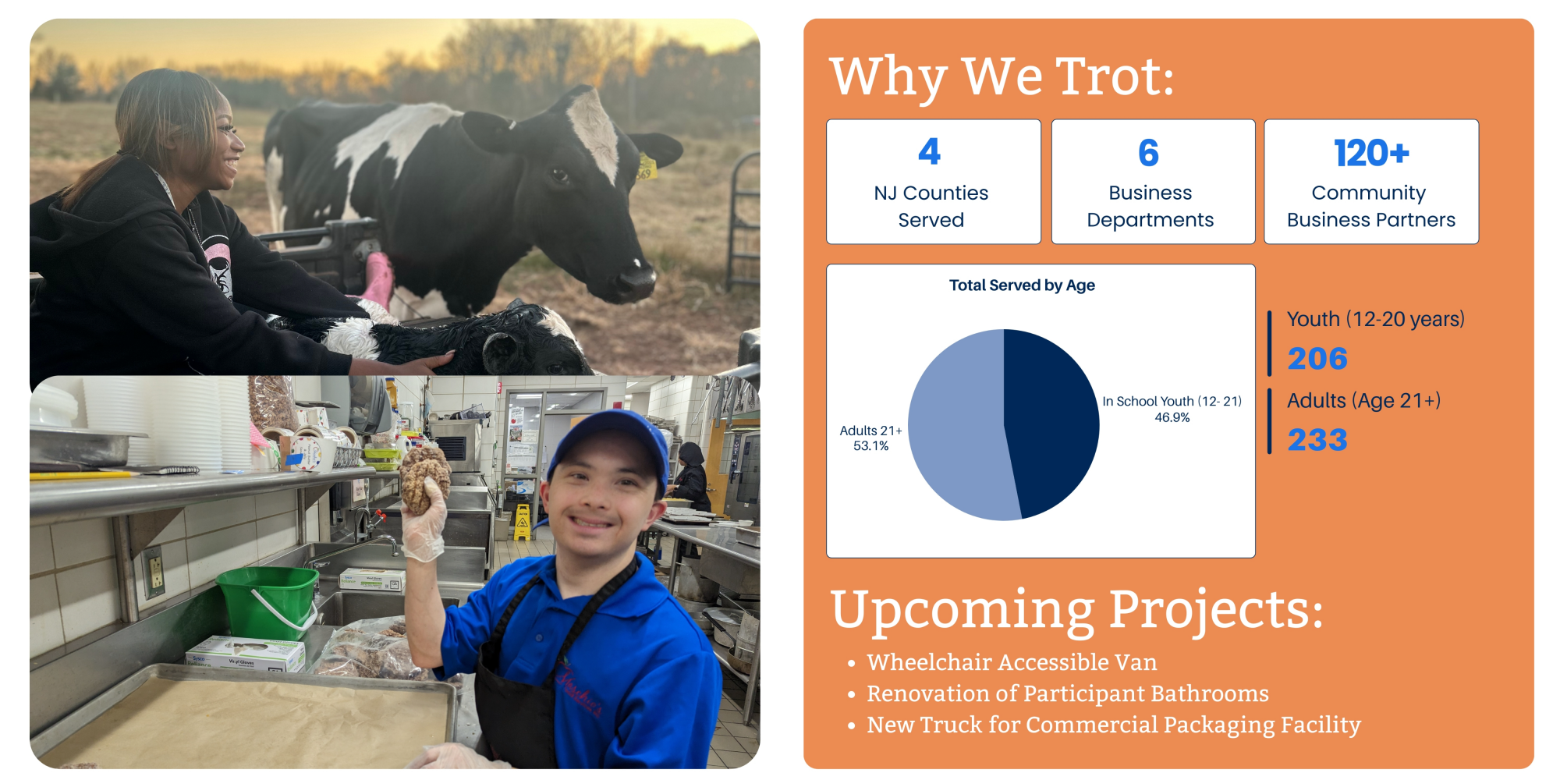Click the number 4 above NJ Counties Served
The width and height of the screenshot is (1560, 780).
coord(929,151)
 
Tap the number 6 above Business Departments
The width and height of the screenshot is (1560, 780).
coord(1148,152)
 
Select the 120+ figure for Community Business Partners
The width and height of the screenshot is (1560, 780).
coord(1371,152)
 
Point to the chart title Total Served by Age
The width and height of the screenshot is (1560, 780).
coord(1022,285)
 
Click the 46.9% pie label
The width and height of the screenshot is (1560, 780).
coord(1172,418)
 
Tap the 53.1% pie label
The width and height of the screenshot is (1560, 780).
coord(870,446)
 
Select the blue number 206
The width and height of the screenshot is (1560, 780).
coord(1317,359)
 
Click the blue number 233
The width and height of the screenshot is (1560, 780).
coord(1317,440)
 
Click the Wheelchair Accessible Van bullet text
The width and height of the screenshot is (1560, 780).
coord(1012,662)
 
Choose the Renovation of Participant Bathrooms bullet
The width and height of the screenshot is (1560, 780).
coord(1068,693)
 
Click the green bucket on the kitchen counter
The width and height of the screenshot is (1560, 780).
coord(268,601)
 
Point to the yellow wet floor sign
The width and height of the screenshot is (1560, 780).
coord(522,522)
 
